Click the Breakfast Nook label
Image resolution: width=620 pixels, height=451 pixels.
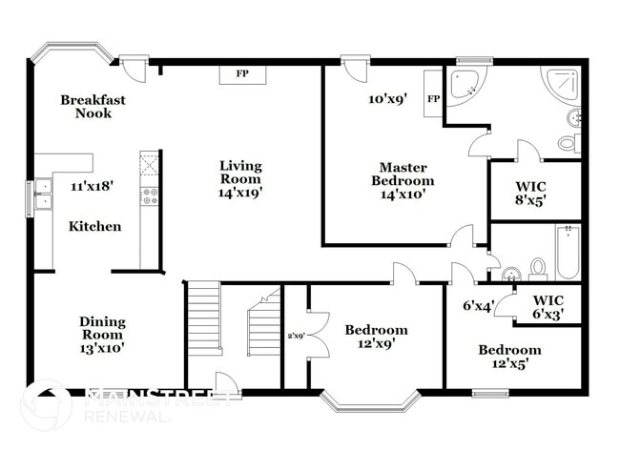(x=93, y=106)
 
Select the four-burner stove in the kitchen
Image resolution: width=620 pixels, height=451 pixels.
(x=150, y=196)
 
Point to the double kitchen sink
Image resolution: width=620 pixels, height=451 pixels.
(x=42, y=199)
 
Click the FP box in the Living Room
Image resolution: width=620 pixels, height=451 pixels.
(x=242, y=74)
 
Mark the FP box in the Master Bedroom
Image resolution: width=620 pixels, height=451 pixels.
(x=433, y=97)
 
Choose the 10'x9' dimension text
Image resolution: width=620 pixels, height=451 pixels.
(x=388, y=98)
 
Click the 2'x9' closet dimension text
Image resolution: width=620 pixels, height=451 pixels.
(x=297, y=336)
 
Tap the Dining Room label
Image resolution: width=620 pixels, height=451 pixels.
(x=101, y=335)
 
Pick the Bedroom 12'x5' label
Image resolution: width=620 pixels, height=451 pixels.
(x=508, y=356)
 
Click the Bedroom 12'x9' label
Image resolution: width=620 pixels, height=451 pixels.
(x=376, y=337)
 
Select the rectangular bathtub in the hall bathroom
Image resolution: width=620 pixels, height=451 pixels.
(x=568, y=252)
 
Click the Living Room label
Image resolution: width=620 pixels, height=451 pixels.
(x=240, y=178)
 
